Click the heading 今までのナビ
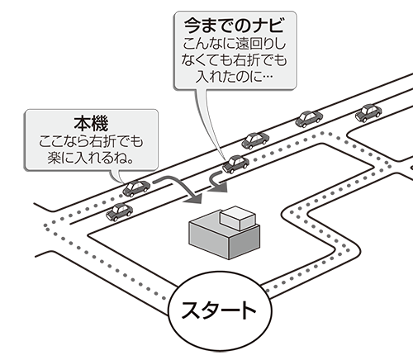(234, 26)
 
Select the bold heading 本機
(91, 124)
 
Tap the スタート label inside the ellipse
(219, 310)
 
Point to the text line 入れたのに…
(234, 76)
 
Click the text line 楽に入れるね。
(91, 158)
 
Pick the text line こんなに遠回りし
(235, 44)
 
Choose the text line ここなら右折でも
(91, 142)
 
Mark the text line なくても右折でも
(234, 60)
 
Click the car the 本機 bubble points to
(136, 188)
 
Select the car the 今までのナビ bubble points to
(235, 164)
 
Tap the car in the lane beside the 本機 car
(119, 212)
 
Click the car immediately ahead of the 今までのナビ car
(255, 140)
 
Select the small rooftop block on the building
(238, 218)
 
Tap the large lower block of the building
(224, 240)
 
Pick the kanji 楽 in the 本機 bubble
(55, 159)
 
